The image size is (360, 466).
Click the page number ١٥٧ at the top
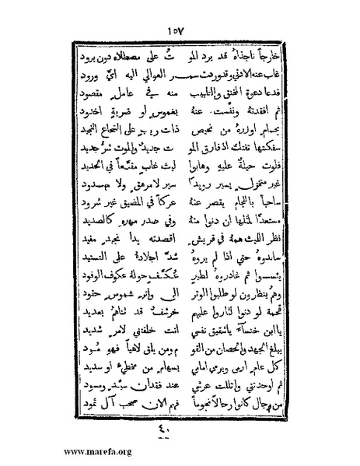[179, 30]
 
